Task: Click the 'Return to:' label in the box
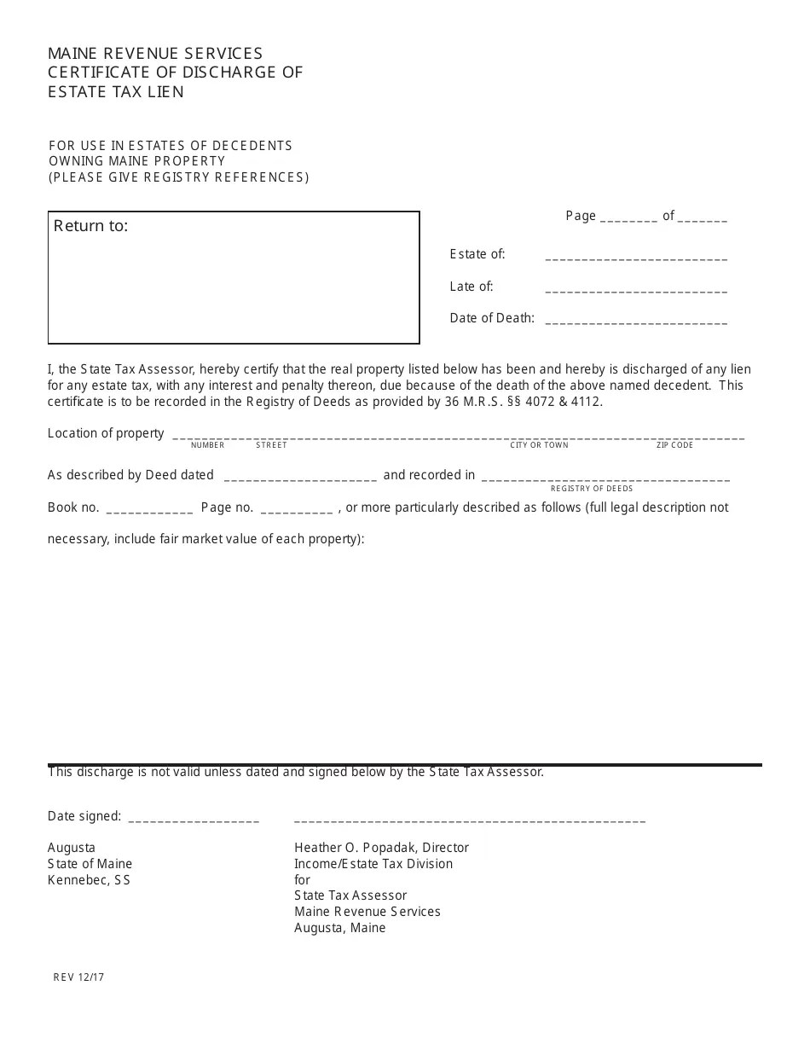(91, 226)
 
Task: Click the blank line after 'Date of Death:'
(635, 322)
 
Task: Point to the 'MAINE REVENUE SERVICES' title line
(155, 54)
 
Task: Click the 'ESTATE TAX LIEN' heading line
(116, 92)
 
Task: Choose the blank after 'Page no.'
(296, 510)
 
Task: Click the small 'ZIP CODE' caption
(674, 445)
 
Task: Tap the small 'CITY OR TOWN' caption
(539, 445)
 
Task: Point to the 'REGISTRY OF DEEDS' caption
(592, 489)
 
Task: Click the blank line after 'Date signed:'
(194, 819)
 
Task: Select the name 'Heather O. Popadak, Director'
(381, 848)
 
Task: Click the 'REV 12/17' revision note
(78, 977)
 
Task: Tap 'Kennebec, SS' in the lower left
(89, 880)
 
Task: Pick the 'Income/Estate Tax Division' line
(373, 864)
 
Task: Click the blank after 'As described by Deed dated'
(298, 478)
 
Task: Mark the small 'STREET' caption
(271, 445)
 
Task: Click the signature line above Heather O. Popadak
(469, 820)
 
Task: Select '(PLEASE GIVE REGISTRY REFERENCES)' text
(179, 177)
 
